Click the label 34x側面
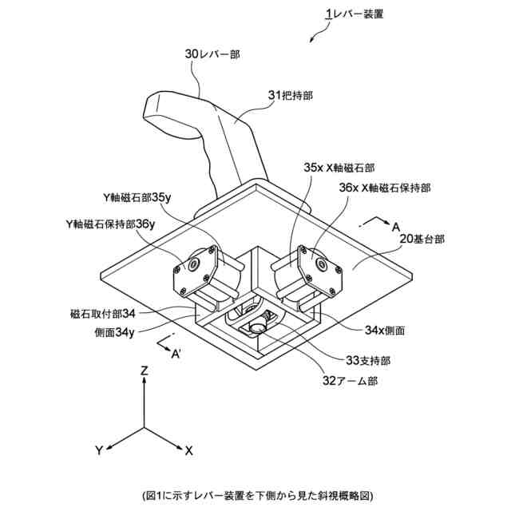(x=383, y=329)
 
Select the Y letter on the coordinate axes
(x=98, y=452)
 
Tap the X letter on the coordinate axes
(x=188, y=451)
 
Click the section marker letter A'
(x=177, y=356)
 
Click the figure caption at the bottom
(x=255, y=495)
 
